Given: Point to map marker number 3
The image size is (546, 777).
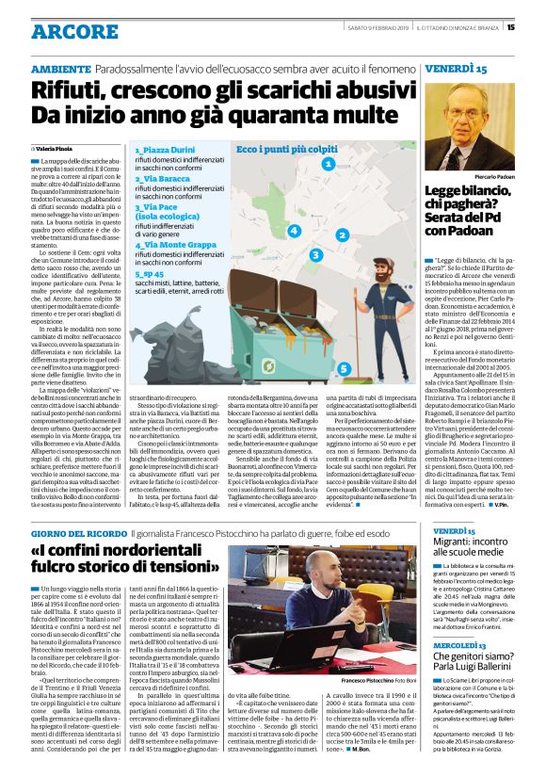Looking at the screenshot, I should tap(315, 254).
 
